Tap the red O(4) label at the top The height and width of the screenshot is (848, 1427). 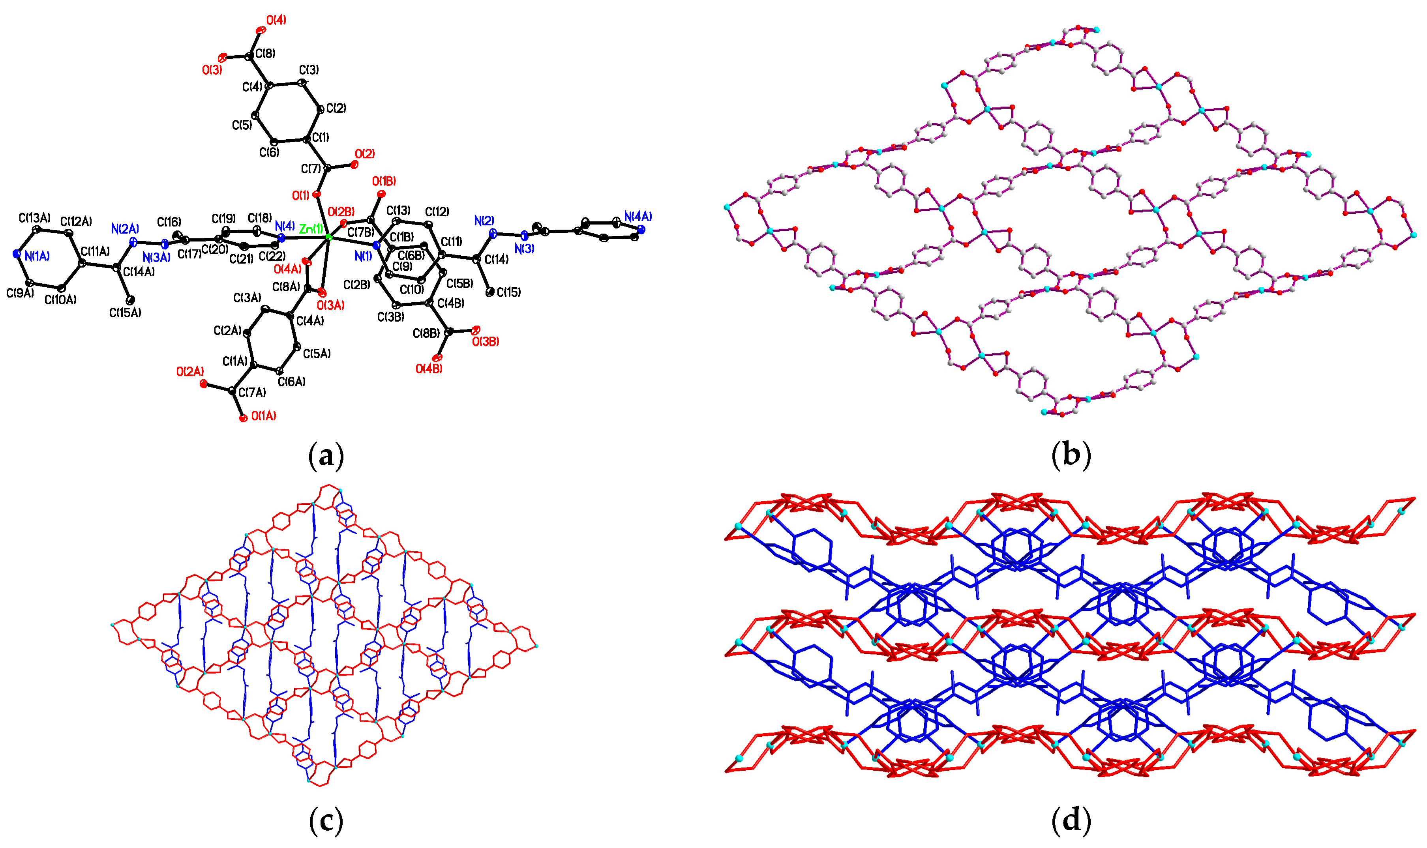click(x=276, y=21)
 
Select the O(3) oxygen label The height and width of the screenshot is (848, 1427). click(x=212, y=70)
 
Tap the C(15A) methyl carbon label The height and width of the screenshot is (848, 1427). click(x=125, y=313)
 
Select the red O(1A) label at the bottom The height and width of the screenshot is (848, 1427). click(x=263, y=416)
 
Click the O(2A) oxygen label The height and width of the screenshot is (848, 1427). click(x=190, y=371)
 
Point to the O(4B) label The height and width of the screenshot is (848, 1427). click(x=429, y=369)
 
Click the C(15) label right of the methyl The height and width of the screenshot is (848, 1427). click(x=508, y=292)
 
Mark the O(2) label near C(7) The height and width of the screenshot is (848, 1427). click(x=365, y=154)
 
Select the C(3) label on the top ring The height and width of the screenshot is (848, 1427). click(x=309, y=70)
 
